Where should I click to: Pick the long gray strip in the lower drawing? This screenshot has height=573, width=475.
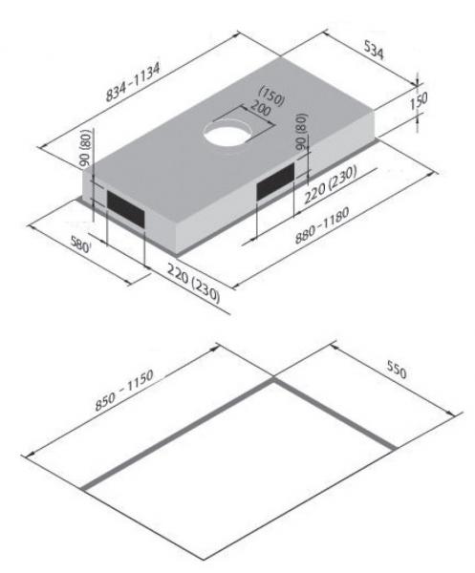tap(177, 435)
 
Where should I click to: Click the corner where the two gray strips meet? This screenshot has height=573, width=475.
tap(271, 382)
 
